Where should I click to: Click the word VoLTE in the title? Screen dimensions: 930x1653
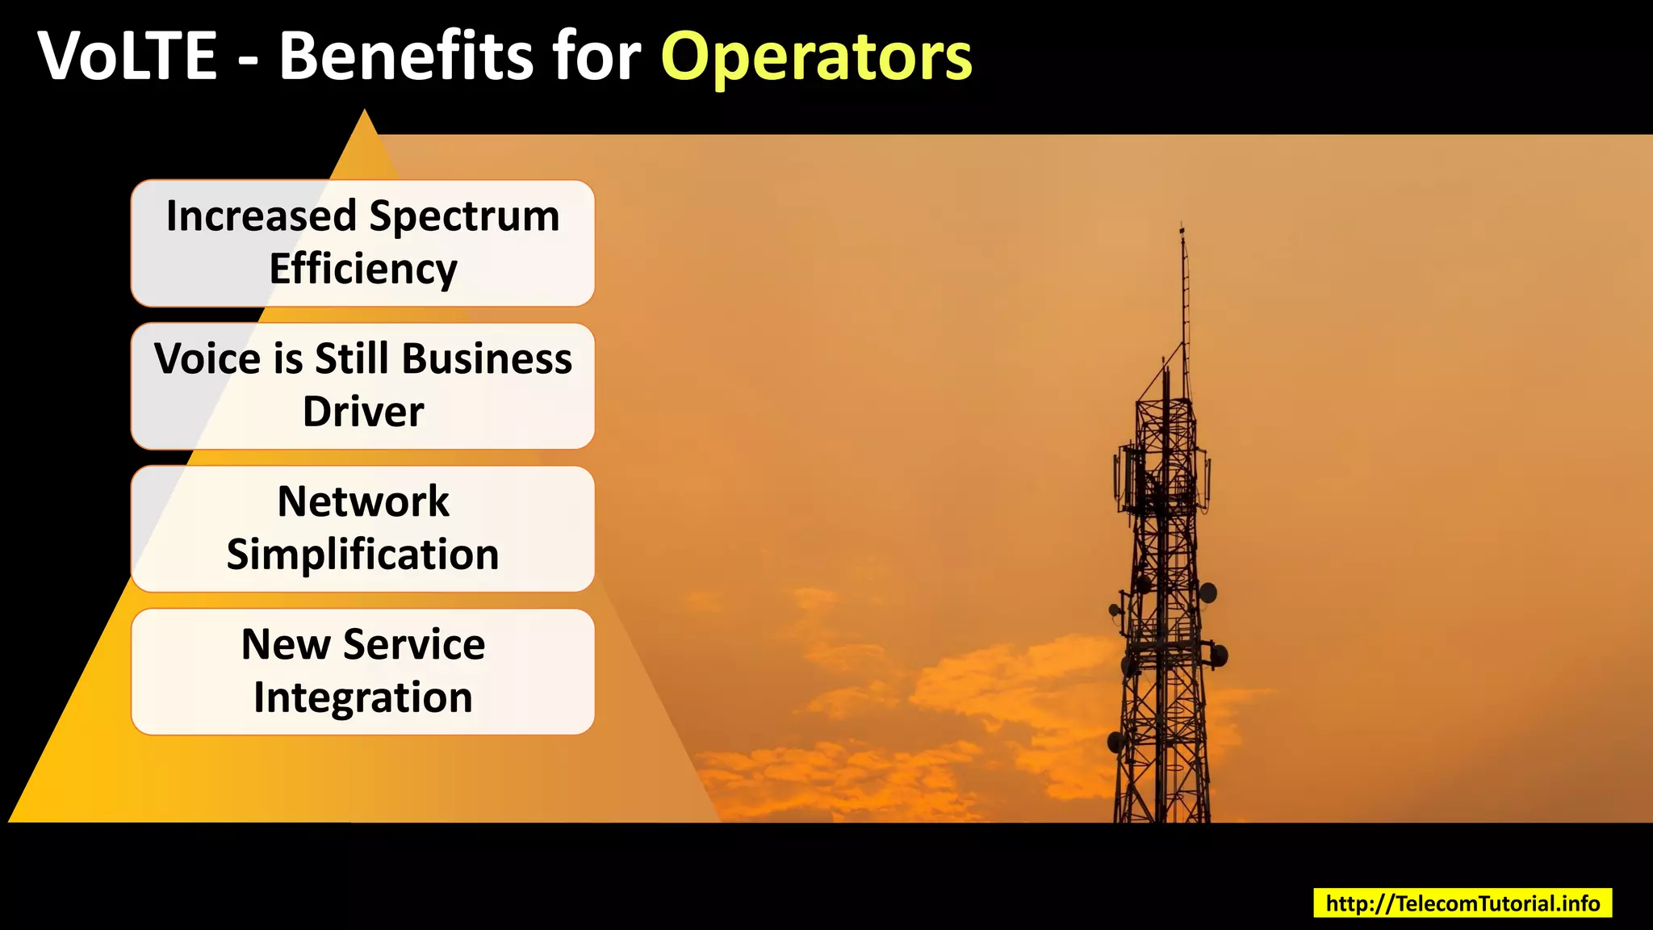128,57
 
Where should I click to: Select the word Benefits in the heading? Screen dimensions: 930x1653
406,57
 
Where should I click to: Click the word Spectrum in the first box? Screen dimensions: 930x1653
464,216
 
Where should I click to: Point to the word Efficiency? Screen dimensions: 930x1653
363,269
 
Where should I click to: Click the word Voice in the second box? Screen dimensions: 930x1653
207,358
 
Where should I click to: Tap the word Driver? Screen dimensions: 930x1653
363,412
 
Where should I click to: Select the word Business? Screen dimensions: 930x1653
487,358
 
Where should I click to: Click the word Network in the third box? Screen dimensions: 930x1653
363,501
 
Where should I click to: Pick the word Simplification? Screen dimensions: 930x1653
363,555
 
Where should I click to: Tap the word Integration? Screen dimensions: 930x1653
363,697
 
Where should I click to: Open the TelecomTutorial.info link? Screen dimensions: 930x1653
1463,903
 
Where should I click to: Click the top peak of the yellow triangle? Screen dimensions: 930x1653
365,112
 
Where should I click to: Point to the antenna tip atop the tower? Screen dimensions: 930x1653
1182,226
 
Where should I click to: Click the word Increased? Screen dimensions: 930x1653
261,216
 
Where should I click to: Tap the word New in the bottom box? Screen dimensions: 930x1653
286,644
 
